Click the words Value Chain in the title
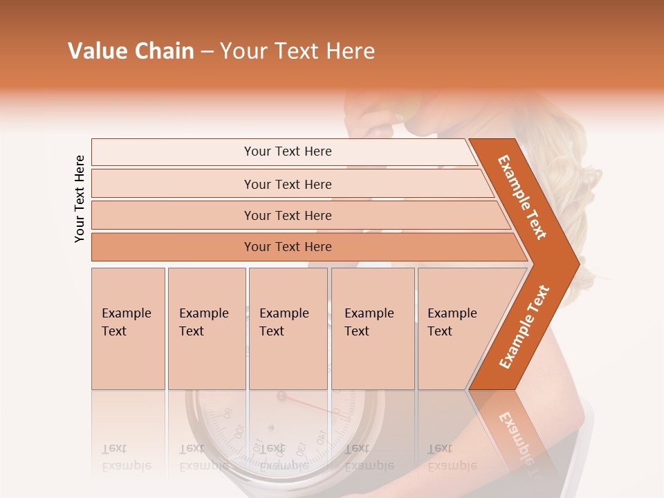pos(131,51)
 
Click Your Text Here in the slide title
pos(297,51)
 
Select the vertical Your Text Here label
pos(80,199)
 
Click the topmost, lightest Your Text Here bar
pos(287,151)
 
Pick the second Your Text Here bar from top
pos(287,184)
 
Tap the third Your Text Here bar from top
pos(287,215)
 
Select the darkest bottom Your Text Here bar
pos(287,247)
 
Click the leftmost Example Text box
pos(128,329)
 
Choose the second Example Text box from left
pos(206,329)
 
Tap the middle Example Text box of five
pos(288,329)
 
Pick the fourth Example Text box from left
pos(373,329)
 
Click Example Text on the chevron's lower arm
pos(524,327)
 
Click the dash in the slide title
pos(207,51)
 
